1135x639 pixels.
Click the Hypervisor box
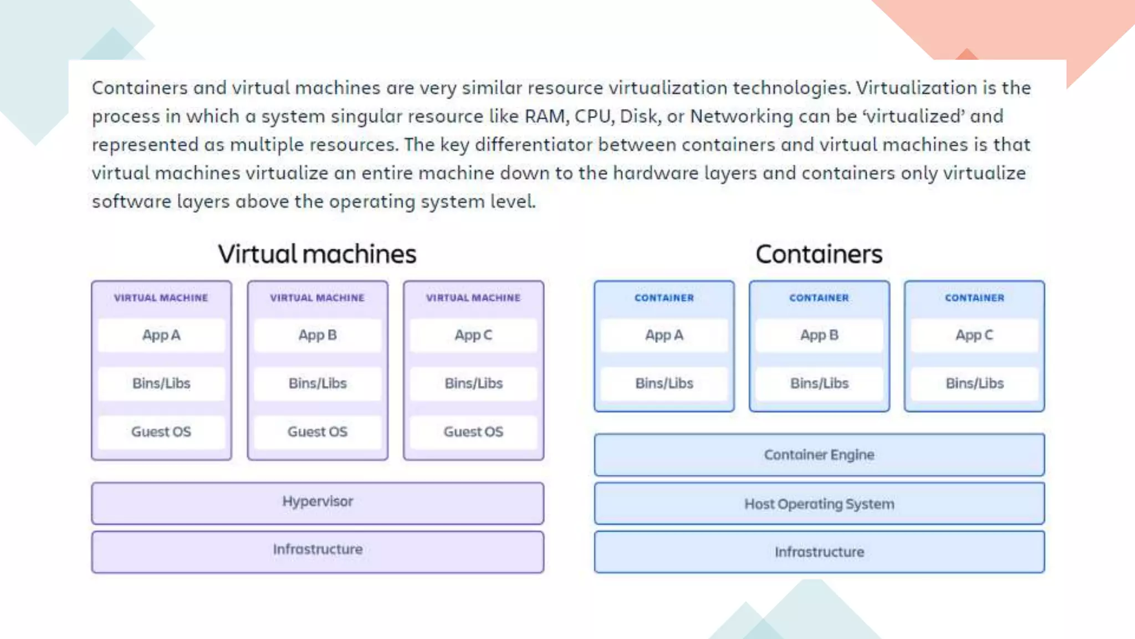click(x=318, y=503)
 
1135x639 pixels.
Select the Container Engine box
click(x=819, y=455)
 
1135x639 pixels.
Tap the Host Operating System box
click(x=819, y=504)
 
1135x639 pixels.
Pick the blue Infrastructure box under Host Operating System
click(x=819, y=552)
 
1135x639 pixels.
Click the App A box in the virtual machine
click(x=161, y=335)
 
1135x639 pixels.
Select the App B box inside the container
click(x=819, y=335)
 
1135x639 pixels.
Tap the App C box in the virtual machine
click(x=473, y=335)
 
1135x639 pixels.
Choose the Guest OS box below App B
click(x=318, y=432)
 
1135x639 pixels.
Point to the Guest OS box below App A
click(x=161, y=432)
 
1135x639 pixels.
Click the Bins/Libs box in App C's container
click(x=974, y=383)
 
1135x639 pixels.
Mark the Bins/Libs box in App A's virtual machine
click(x=161, y=383)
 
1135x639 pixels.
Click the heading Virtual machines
click(x=317, y=254)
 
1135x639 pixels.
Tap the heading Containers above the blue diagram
click(x=819, y=254)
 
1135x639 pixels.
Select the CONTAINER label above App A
click(x=664, y=298)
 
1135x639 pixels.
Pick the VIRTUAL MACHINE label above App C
click(x=473, y=298)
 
